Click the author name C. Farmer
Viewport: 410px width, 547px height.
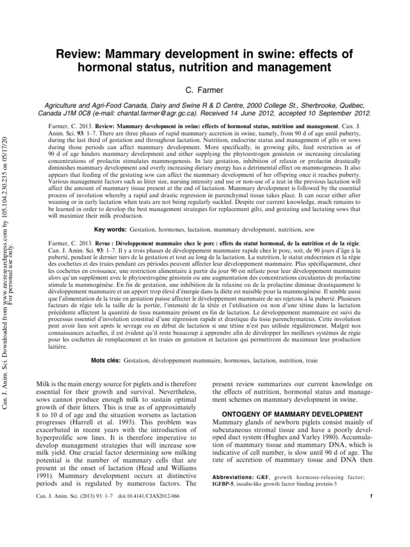tap(204, 88)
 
